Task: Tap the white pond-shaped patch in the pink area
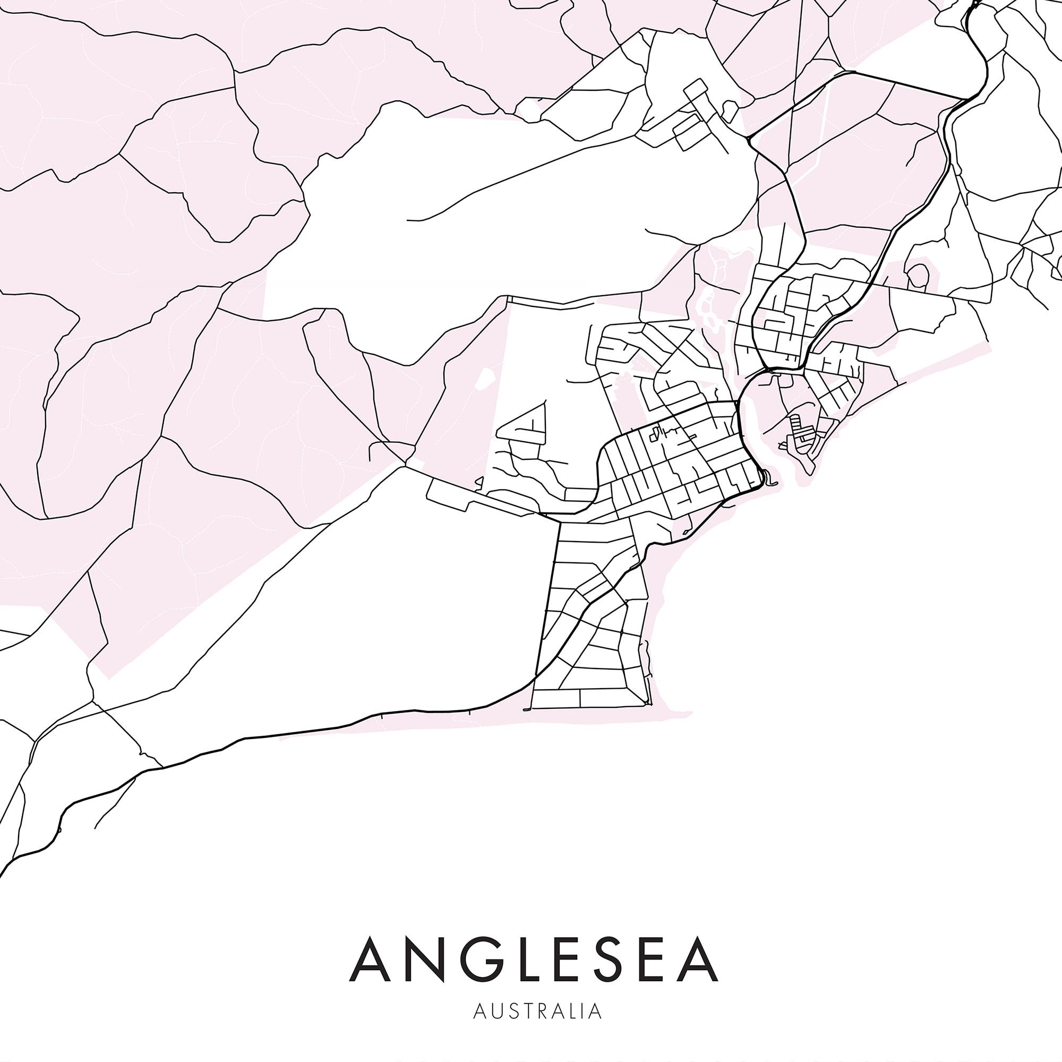(x=485, y=378)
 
